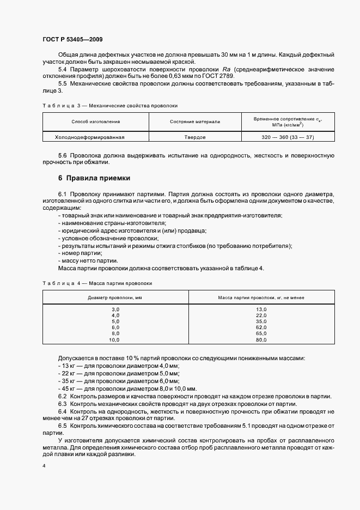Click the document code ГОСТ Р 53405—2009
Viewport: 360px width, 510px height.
coord(72,40)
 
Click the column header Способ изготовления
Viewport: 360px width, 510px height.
coord(95,122)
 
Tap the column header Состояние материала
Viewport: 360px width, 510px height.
coord(194,122)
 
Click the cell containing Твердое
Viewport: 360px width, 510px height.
coord(194,137)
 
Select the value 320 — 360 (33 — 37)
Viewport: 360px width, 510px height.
coord(288,137)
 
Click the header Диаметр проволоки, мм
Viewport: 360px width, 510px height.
coord(115,297)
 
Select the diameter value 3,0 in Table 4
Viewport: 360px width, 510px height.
coord(115,309)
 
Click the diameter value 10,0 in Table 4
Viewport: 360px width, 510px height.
coord(114,340)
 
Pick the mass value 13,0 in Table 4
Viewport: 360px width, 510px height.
coord(261,309)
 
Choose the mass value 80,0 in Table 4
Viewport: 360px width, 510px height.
coord(261,340)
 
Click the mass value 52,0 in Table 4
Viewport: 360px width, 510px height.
coord(261,327)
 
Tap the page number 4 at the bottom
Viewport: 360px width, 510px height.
coord(44,466)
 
